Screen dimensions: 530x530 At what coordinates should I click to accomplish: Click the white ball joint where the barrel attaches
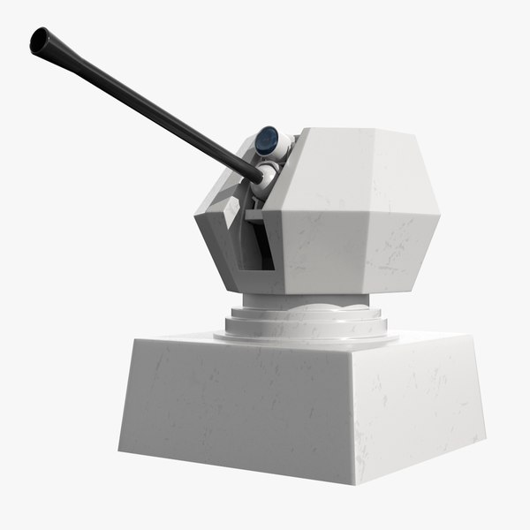pos(266,172)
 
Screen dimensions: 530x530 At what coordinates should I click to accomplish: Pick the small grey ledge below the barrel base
pos(255,212)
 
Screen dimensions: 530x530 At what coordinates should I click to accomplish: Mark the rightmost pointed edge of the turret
pos(439,212)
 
